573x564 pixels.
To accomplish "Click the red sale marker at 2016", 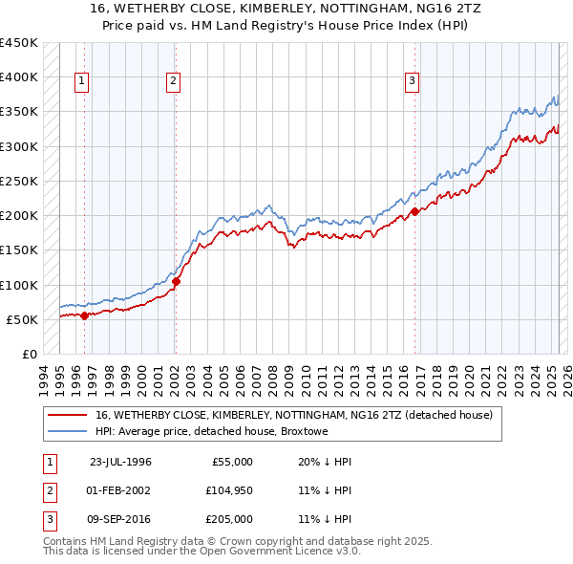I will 414,212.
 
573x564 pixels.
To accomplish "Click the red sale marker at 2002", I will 177,281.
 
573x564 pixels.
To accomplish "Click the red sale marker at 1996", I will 84,315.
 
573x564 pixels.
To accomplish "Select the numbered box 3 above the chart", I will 412,82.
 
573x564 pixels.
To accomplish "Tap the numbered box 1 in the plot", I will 81,82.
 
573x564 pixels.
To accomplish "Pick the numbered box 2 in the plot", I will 173,82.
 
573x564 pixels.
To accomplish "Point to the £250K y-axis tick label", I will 18,181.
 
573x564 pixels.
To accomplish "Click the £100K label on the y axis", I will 18,285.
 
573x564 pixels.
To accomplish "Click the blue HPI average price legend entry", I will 211,432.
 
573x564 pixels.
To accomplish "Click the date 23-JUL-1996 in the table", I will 120,462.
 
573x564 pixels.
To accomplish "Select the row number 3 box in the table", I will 48,519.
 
